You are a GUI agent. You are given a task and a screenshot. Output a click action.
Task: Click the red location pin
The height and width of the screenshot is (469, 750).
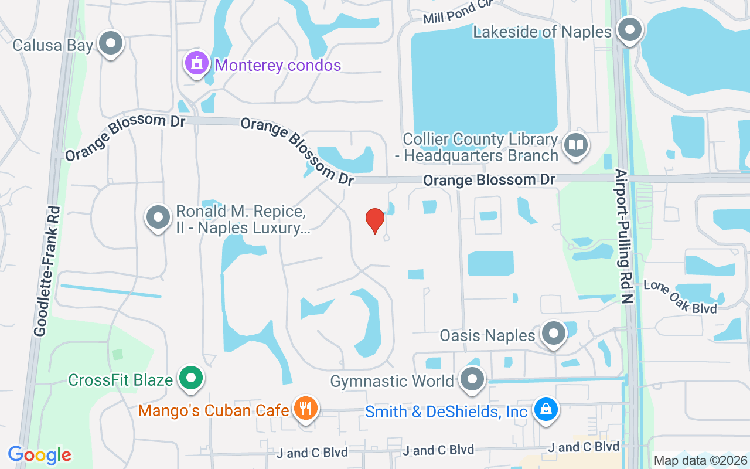click(375, 220)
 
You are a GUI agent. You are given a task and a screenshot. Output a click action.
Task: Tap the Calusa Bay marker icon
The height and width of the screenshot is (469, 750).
click(111, 43)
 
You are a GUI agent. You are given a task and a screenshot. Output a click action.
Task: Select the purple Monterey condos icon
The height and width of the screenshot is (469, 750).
click(197, 63)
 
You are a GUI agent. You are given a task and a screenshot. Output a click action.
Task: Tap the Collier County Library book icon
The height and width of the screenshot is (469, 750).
click(577, 145)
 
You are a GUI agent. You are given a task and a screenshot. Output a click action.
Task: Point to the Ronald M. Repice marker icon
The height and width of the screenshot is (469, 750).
click(158, 217)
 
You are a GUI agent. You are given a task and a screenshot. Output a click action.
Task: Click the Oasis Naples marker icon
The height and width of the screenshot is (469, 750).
click(553, 333)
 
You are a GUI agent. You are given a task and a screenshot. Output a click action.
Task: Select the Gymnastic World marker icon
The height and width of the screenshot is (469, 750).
click(472, 379)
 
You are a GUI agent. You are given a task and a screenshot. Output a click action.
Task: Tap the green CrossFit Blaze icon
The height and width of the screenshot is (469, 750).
click(190, 378)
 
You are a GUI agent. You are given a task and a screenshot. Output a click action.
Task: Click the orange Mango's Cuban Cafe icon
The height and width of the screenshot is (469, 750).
click(305, 408)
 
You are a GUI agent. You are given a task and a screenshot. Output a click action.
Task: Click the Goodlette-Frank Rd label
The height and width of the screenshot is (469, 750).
click(47, 271)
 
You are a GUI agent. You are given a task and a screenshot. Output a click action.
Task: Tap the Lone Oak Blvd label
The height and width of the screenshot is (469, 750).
click(680, 296)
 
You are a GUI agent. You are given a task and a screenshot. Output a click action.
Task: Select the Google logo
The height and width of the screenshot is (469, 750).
click(39, 455)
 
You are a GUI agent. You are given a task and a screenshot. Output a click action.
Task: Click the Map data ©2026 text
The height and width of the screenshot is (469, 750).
click(700, 461)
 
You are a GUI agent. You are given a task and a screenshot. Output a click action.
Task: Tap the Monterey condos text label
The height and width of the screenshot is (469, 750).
click(278, 65)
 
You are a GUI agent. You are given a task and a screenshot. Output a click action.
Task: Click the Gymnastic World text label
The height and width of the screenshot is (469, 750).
click(392, 382)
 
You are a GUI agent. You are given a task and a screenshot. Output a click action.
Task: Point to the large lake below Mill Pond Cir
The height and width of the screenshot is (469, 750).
click(484, 79)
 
